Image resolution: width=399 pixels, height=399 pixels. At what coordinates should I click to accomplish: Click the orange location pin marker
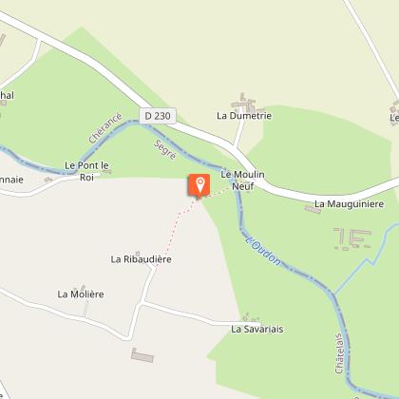(199, 184)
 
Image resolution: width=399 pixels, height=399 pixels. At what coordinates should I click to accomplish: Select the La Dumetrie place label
(245, 116)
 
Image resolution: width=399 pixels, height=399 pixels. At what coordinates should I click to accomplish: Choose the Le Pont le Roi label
(87, 170)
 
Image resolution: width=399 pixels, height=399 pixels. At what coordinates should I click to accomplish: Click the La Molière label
(80, 294)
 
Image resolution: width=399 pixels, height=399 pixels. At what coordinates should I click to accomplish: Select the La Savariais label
(257, 329)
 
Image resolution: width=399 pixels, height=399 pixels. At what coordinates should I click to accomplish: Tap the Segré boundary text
(163, 148)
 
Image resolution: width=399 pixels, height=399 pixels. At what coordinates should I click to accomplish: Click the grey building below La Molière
(142, 354)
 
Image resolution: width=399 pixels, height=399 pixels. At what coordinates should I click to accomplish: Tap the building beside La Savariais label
(249, 316)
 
